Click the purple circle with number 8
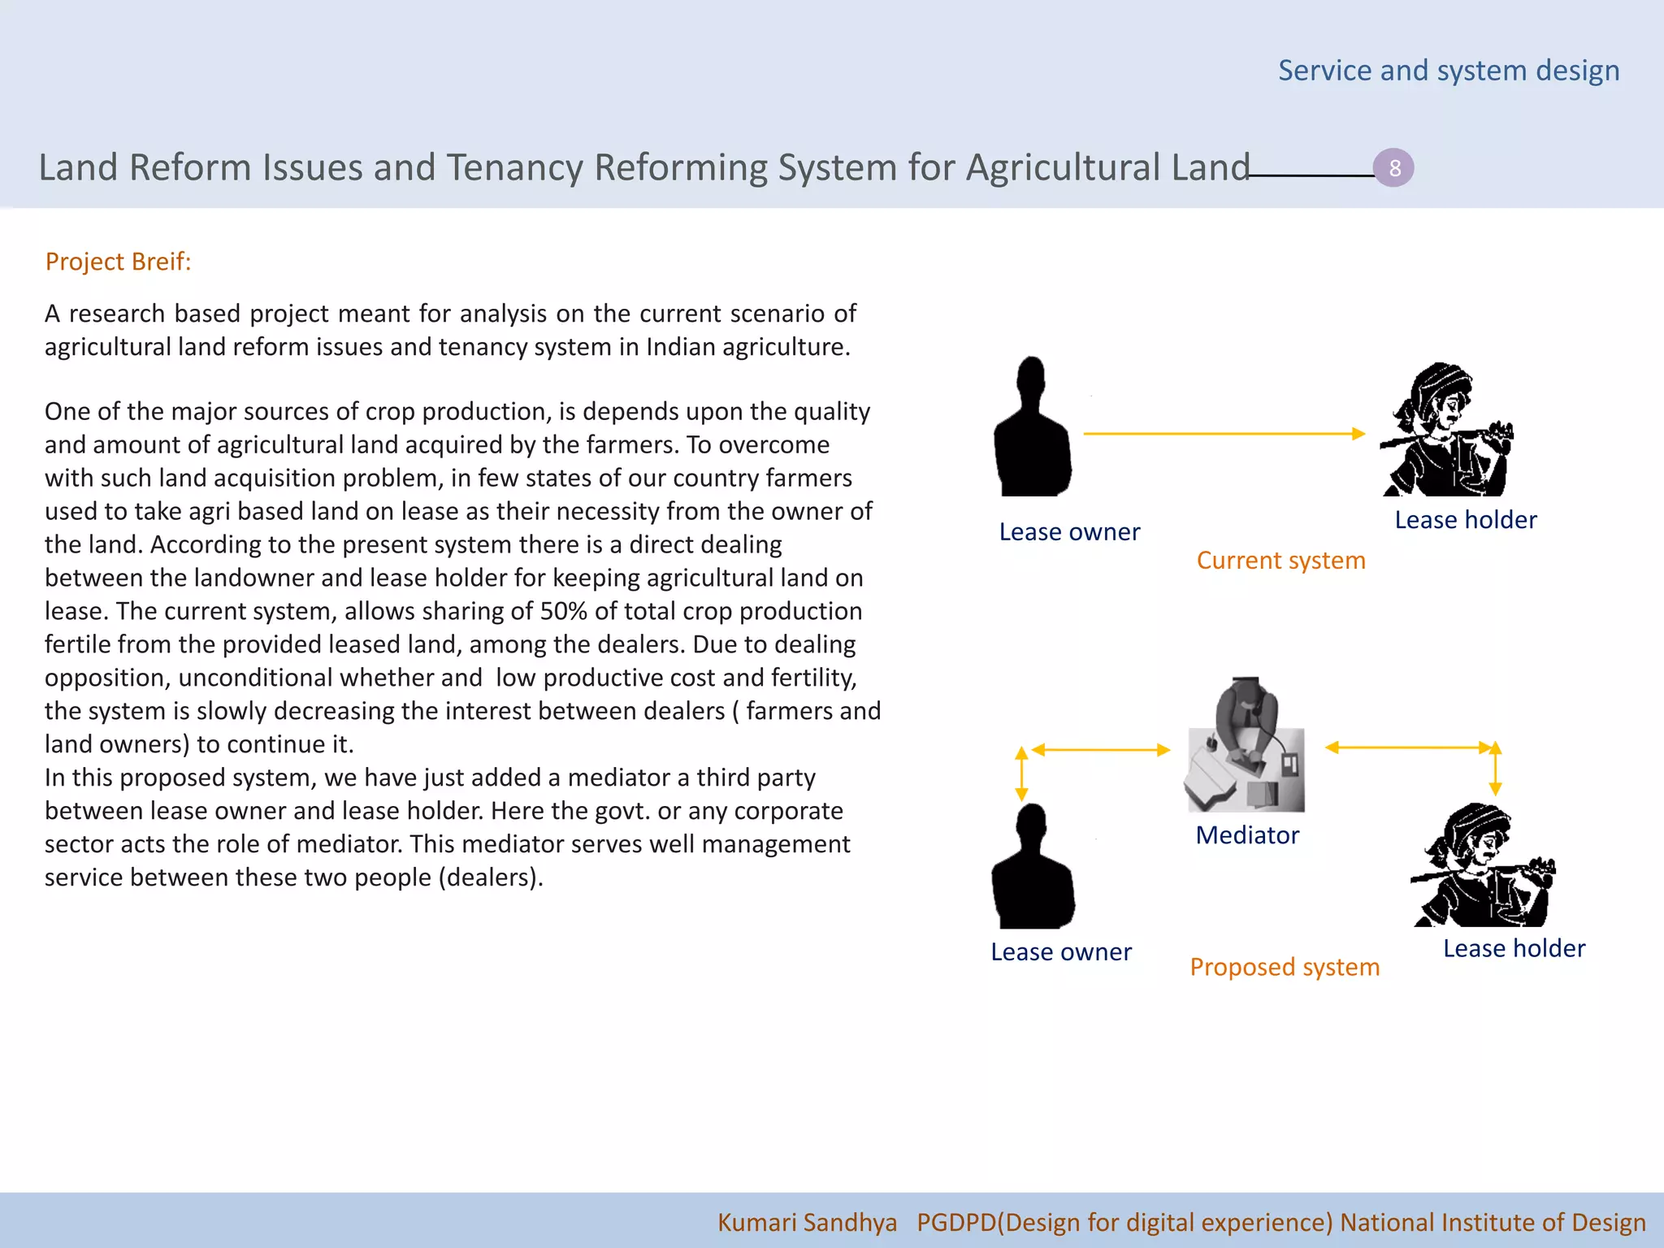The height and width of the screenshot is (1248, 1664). tap(1393, 168)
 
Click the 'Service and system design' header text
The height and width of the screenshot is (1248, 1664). tap(1449, 71)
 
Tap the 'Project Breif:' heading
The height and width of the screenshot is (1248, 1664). tap(119, 262)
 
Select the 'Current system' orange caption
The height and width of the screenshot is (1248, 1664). tap(1280, 561)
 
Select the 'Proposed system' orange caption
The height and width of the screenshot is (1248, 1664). tap(1285, 967)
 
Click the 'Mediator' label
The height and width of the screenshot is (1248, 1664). tap(1247, 835)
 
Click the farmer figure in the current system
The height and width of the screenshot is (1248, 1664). tap(1446, 431)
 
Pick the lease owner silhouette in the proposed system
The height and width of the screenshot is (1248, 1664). tap(1033, 869)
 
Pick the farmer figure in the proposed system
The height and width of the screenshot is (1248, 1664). tap(1483, 867)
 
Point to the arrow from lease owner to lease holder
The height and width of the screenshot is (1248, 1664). tap(1223, 434)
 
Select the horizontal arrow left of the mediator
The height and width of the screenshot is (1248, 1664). tap(1100, 750)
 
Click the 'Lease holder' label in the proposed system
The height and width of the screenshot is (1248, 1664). tap(1514, 948)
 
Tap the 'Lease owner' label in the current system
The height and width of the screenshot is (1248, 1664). tap(1069, 532)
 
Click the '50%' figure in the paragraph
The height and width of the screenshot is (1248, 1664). tap(563, 611)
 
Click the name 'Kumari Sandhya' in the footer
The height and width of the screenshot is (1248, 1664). tap(807, 1222)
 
